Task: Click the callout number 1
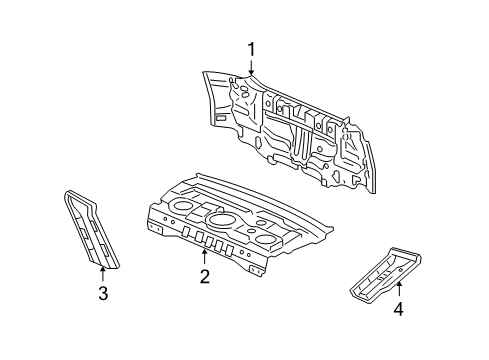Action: (x=252, y=48)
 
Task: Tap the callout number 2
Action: (x=204, y=277)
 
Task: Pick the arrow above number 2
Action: (x=204, y=257)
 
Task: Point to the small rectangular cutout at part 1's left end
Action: (x=219, y=118)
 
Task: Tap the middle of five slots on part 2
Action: (x=208, y=241)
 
